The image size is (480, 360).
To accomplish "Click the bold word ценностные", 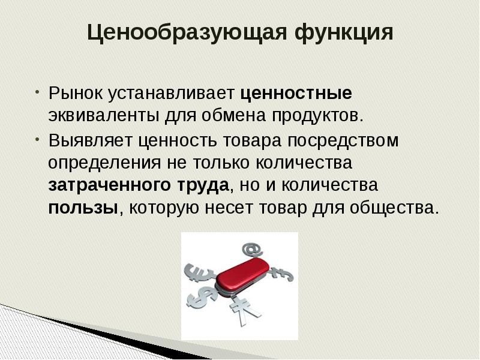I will [296, 94].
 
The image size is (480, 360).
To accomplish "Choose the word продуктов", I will [318, 114].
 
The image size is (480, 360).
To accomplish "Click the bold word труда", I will [202, 185].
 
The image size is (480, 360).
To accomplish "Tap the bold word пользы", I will [83, 208].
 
